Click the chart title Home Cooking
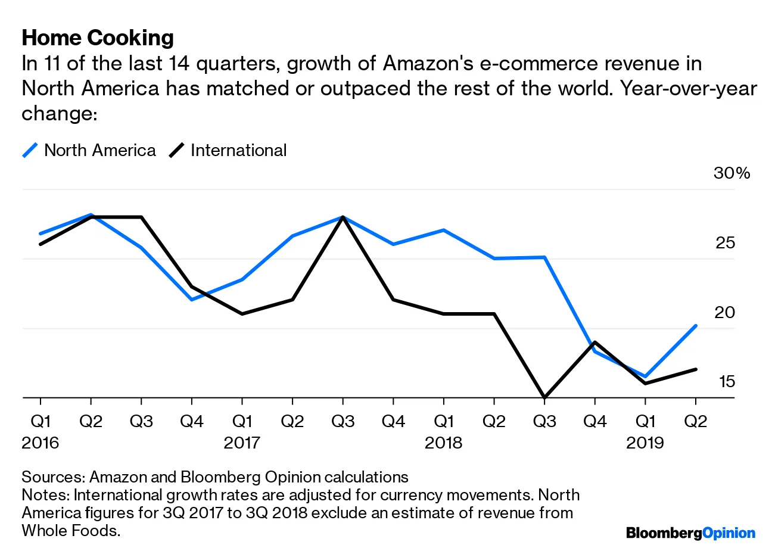point(98,38)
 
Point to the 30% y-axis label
point(731,173)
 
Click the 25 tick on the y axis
point(726,243)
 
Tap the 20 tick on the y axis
point(726,312)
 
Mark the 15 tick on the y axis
point(727,381)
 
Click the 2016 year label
point(41,443)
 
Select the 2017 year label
point(242,443)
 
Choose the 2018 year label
point(443,443)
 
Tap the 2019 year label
point(645,443)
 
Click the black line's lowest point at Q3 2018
point(544,397)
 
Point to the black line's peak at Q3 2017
point(343,217)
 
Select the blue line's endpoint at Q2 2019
point(695,326)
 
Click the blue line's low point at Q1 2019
point(645,376)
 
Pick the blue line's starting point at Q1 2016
point(41,233)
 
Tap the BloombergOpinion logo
point(690,533)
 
